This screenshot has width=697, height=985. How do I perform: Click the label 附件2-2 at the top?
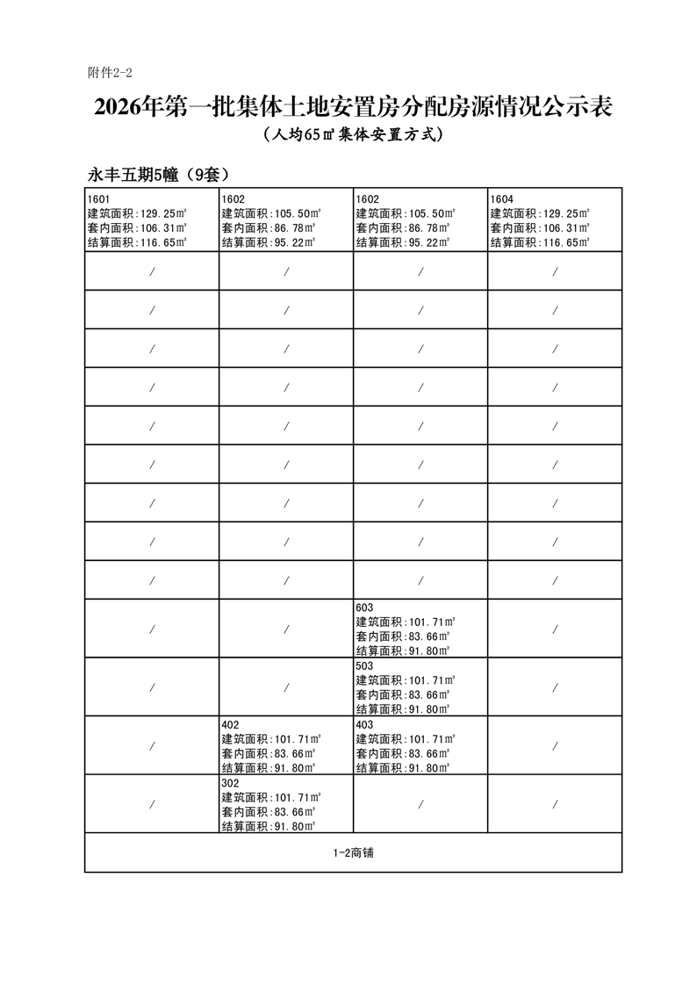(110, 72)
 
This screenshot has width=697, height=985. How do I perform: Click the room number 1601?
(98, 198)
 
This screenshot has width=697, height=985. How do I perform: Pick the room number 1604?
(502, 198)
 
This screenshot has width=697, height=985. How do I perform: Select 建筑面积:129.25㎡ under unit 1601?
(137, 213)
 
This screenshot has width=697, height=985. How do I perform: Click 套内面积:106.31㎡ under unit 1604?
(539, 228)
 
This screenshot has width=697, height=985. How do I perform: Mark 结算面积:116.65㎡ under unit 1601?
(137, 243)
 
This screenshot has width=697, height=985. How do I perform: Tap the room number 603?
(365, 607)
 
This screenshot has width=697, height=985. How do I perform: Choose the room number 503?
(365, 665)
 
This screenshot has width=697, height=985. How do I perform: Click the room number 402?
(231, 724)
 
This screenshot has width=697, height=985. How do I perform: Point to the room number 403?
(365, 724)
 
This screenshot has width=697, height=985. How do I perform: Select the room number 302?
(231, 782)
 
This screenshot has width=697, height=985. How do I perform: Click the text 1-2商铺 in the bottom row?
(353, 852)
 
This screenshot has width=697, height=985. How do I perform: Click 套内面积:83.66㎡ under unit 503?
(403, 694)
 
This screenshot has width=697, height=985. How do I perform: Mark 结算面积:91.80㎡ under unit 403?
(403, 768)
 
